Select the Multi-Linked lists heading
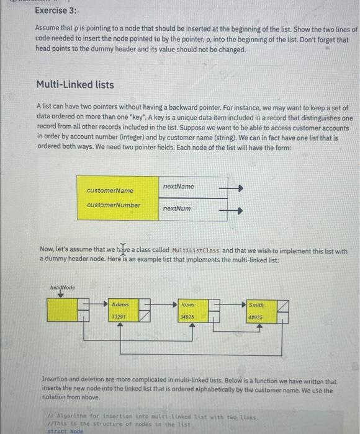[75, 84]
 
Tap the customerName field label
[110, 191]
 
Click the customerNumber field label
[114, 205]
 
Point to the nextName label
[178, 187]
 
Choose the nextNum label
[177, 209]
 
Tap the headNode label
[62, 288]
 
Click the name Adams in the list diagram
[120, 305]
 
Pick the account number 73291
[120, 316]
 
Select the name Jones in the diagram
[187, 305]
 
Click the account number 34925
[187, 316]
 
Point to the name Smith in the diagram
[256, 305]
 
